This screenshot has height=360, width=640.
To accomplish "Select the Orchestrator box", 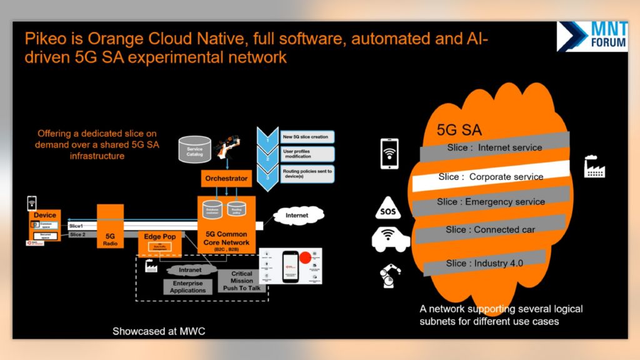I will (x=226, y=178).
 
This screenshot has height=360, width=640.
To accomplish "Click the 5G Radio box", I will (x=109, y=231).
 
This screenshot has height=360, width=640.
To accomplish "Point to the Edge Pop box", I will (x=159, y=242).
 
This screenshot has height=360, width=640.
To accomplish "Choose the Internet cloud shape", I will (x=296, y=216).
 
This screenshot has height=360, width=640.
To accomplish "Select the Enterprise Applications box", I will (x=187, y=287).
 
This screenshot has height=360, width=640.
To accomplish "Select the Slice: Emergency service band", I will (x=491, y=202).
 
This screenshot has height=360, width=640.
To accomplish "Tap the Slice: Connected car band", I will (x=491, y=229).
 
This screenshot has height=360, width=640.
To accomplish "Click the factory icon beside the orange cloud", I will (x=594, y=167).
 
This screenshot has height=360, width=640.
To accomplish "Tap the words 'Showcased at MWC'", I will (x=159, y=331).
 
